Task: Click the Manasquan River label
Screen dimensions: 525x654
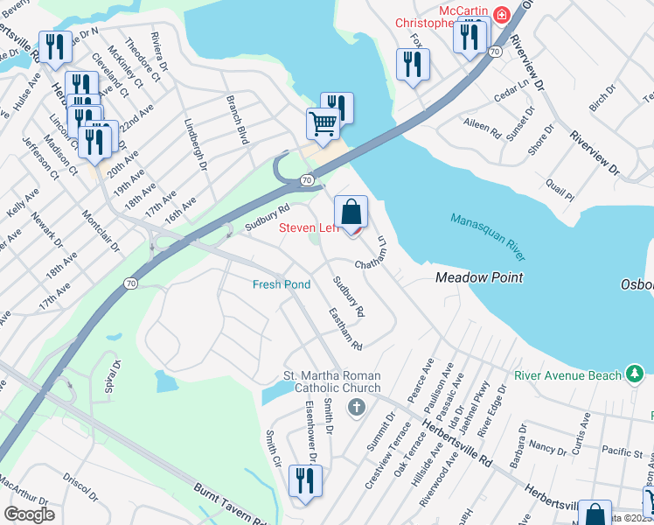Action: tap(489, 236)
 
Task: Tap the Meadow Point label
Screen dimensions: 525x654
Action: tap(479, 277)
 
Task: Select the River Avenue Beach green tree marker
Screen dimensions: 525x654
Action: tap(636, 375)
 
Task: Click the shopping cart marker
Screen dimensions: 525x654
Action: tap(323, 124)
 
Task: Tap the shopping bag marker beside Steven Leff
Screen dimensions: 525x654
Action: tap(351, 213)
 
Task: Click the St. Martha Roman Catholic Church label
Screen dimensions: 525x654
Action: tap(331, 382)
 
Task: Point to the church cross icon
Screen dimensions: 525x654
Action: tap(356, 407)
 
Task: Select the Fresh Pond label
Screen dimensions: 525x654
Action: tap(282, 284)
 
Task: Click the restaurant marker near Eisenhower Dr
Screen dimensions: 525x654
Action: tap(305, 481)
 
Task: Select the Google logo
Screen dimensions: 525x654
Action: tap(29, 514)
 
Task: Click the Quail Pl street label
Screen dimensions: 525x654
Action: tap(560, 191)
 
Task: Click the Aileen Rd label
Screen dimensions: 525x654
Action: tap(484, 129)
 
